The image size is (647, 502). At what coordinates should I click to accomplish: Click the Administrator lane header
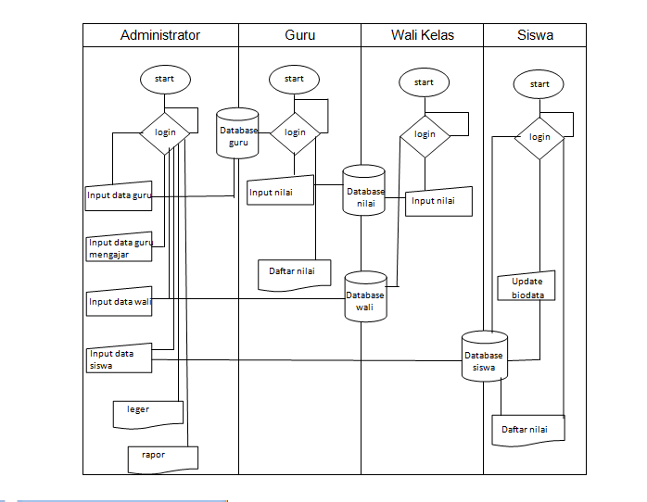pos(159,35)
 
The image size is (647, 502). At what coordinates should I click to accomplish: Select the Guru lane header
pos(299,35)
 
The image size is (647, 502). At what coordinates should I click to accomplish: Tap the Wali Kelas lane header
pos(422,35)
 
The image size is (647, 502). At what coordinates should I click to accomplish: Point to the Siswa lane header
pos(536,35)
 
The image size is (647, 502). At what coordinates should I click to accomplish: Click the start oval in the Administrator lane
pos(165,79)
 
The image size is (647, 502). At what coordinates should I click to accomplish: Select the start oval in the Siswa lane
pos(539,84)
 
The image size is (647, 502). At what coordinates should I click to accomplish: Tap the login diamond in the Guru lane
pos(295,132)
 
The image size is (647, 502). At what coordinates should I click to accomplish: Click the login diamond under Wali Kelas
pos(425,133)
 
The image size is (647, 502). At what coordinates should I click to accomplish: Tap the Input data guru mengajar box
pos(119,248)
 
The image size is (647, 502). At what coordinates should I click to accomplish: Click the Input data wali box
pos(119,301)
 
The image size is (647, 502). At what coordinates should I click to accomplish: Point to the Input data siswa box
pos(119,359)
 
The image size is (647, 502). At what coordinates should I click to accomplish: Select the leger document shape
pos(147,413)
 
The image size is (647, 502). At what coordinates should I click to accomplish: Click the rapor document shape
pos(162,457)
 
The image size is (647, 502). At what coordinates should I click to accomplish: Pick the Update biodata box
pos(527,287)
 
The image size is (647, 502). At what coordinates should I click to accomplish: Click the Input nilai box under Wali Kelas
pos(438,201)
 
